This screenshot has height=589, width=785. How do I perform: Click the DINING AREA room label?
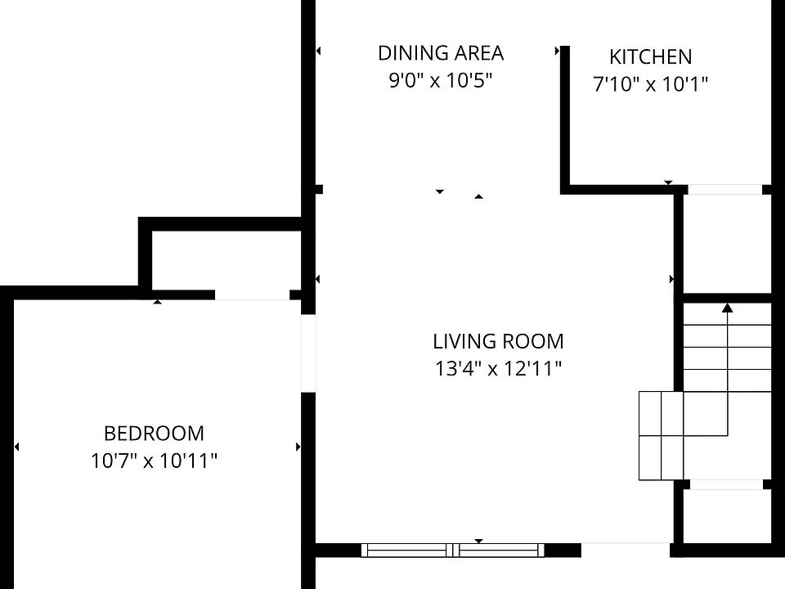coord(441,53)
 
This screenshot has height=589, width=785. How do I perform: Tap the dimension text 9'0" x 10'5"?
coord(441,80)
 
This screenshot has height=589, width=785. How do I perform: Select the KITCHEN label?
coord(650,57)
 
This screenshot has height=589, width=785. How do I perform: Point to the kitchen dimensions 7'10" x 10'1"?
coord(650,83)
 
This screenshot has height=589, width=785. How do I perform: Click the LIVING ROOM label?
coord(498,342)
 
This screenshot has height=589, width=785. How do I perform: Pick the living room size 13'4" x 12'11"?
coord(498,369)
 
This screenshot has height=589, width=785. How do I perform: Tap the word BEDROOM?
coord(154,434)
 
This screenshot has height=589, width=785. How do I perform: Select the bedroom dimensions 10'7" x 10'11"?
coord(154,461)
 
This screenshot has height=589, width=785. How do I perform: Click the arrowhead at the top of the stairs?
coord(728,308)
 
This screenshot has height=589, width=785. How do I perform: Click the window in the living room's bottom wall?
coord(452,550)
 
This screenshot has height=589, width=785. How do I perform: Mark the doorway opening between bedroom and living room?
coord(308,353)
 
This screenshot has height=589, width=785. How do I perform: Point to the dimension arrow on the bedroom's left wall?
coord(17,447)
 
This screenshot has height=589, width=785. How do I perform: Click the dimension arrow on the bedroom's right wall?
coord(298,447)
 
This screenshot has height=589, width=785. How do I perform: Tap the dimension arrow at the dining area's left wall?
coord(318,51)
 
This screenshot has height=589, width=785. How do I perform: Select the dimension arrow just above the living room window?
coord(478,541)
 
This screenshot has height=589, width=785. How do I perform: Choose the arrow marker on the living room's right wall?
coord(671,280)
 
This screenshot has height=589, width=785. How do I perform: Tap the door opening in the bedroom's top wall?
coord(253,295)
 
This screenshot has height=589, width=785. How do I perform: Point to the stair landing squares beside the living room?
coord(661,436)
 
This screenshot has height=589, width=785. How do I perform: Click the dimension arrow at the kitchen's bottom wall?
coord(668,182)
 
